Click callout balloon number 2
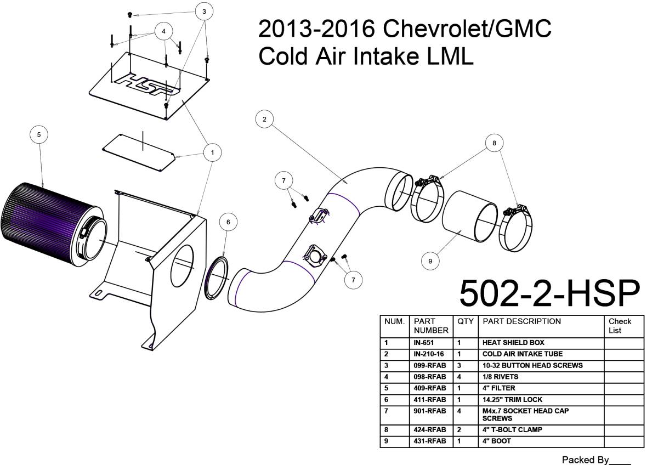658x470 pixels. pyautogui.click(x=264, y=119)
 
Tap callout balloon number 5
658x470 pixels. pyautogui.click(x=39, y=134)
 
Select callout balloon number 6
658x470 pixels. pyautogui.click(x=228, y=222)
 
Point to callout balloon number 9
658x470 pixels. pyautogui.click(x=430, y=261)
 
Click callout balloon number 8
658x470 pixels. pyautogui.click(x=494, y=143)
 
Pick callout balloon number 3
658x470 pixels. pyautogui.click(x=204, y=12)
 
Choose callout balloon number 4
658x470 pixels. pyautogui.click(x=163, y=31)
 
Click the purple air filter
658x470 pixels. pyautogui.click(x=53, y=225)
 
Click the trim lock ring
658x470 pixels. pyautogui.click(x=217, y=278)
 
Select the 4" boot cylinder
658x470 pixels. pyautogui.click(x=470, y=217)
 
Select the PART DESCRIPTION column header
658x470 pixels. pyautogui.click(x=521, y=321)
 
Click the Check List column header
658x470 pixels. pyautogui.click(x=620, y=326)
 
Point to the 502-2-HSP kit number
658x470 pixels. pyautogui.click(x=549, y=294)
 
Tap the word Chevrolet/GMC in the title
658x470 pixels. pyautogui.click(x=467, y=29)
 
